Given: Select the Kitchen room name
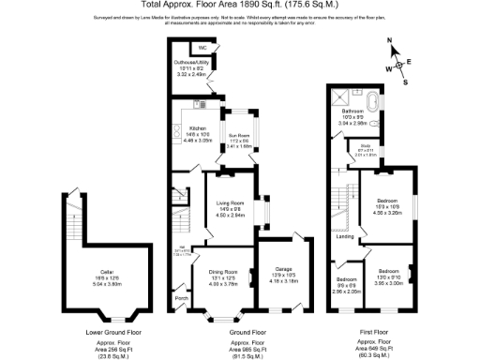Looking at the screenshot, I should (x=198, y=127).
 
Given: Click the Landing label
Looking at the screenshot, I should (x=345, y=235).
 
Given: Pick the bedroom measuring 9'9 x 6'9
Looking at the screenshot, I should (x=346, y=278).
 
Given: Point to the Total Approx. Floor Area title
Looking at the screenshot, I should (x=239, y=6).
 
